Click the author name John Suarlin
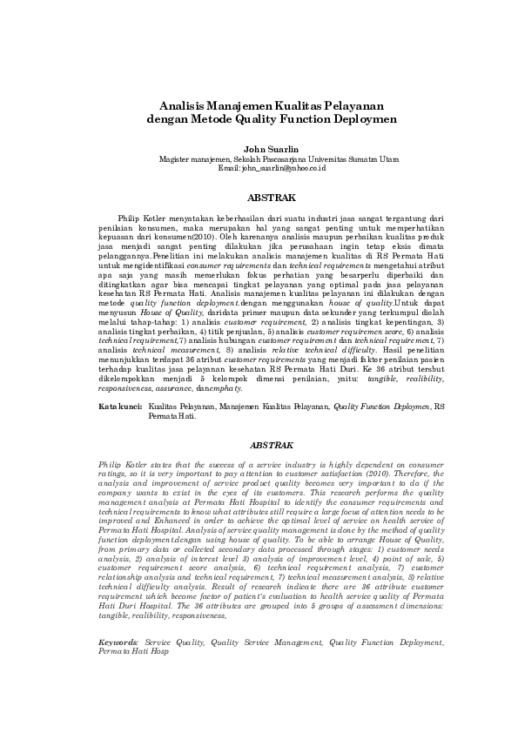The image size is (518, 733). (272, 148)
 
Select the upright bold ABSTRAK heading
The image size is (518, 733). (272, 198)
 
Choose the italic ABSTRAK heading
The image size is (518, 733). (272, 445)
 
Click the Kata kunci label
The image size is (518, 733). (119, 407)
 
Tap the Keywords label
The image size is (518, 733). (118, 642)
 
